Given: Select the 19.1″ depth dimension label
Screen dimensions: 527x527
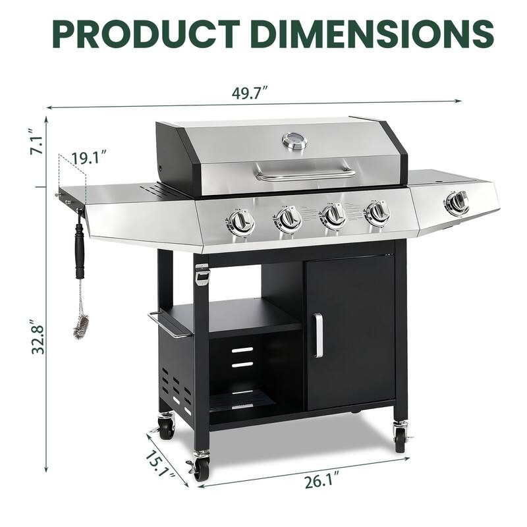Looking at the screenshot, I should (90, 158).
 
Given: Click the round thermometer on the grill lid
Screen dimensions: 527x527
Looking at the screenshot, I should (294, 140).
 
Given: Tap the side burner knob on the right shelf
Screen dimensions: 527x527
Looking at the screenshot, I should (457, 203).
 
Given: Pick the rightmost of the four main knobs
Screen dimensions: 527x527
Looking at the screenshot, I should (377, 213).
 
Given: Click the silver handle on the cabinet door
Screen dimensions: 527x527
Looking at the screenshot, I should (318, 335).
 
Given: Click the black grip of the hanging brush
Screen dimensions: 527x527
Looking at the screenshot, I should (80, 250).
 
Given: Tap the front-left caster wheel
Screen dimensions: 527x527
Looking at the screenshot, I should (200, 468).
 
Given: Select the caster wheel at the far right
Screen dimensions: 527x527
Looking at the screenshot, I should (400, 437).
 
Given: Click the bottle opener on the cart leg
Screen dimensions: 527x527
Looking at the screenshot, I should (202, 275).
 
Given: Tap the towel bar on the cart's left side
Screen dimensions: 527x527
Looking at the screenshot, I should (168, 327).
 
